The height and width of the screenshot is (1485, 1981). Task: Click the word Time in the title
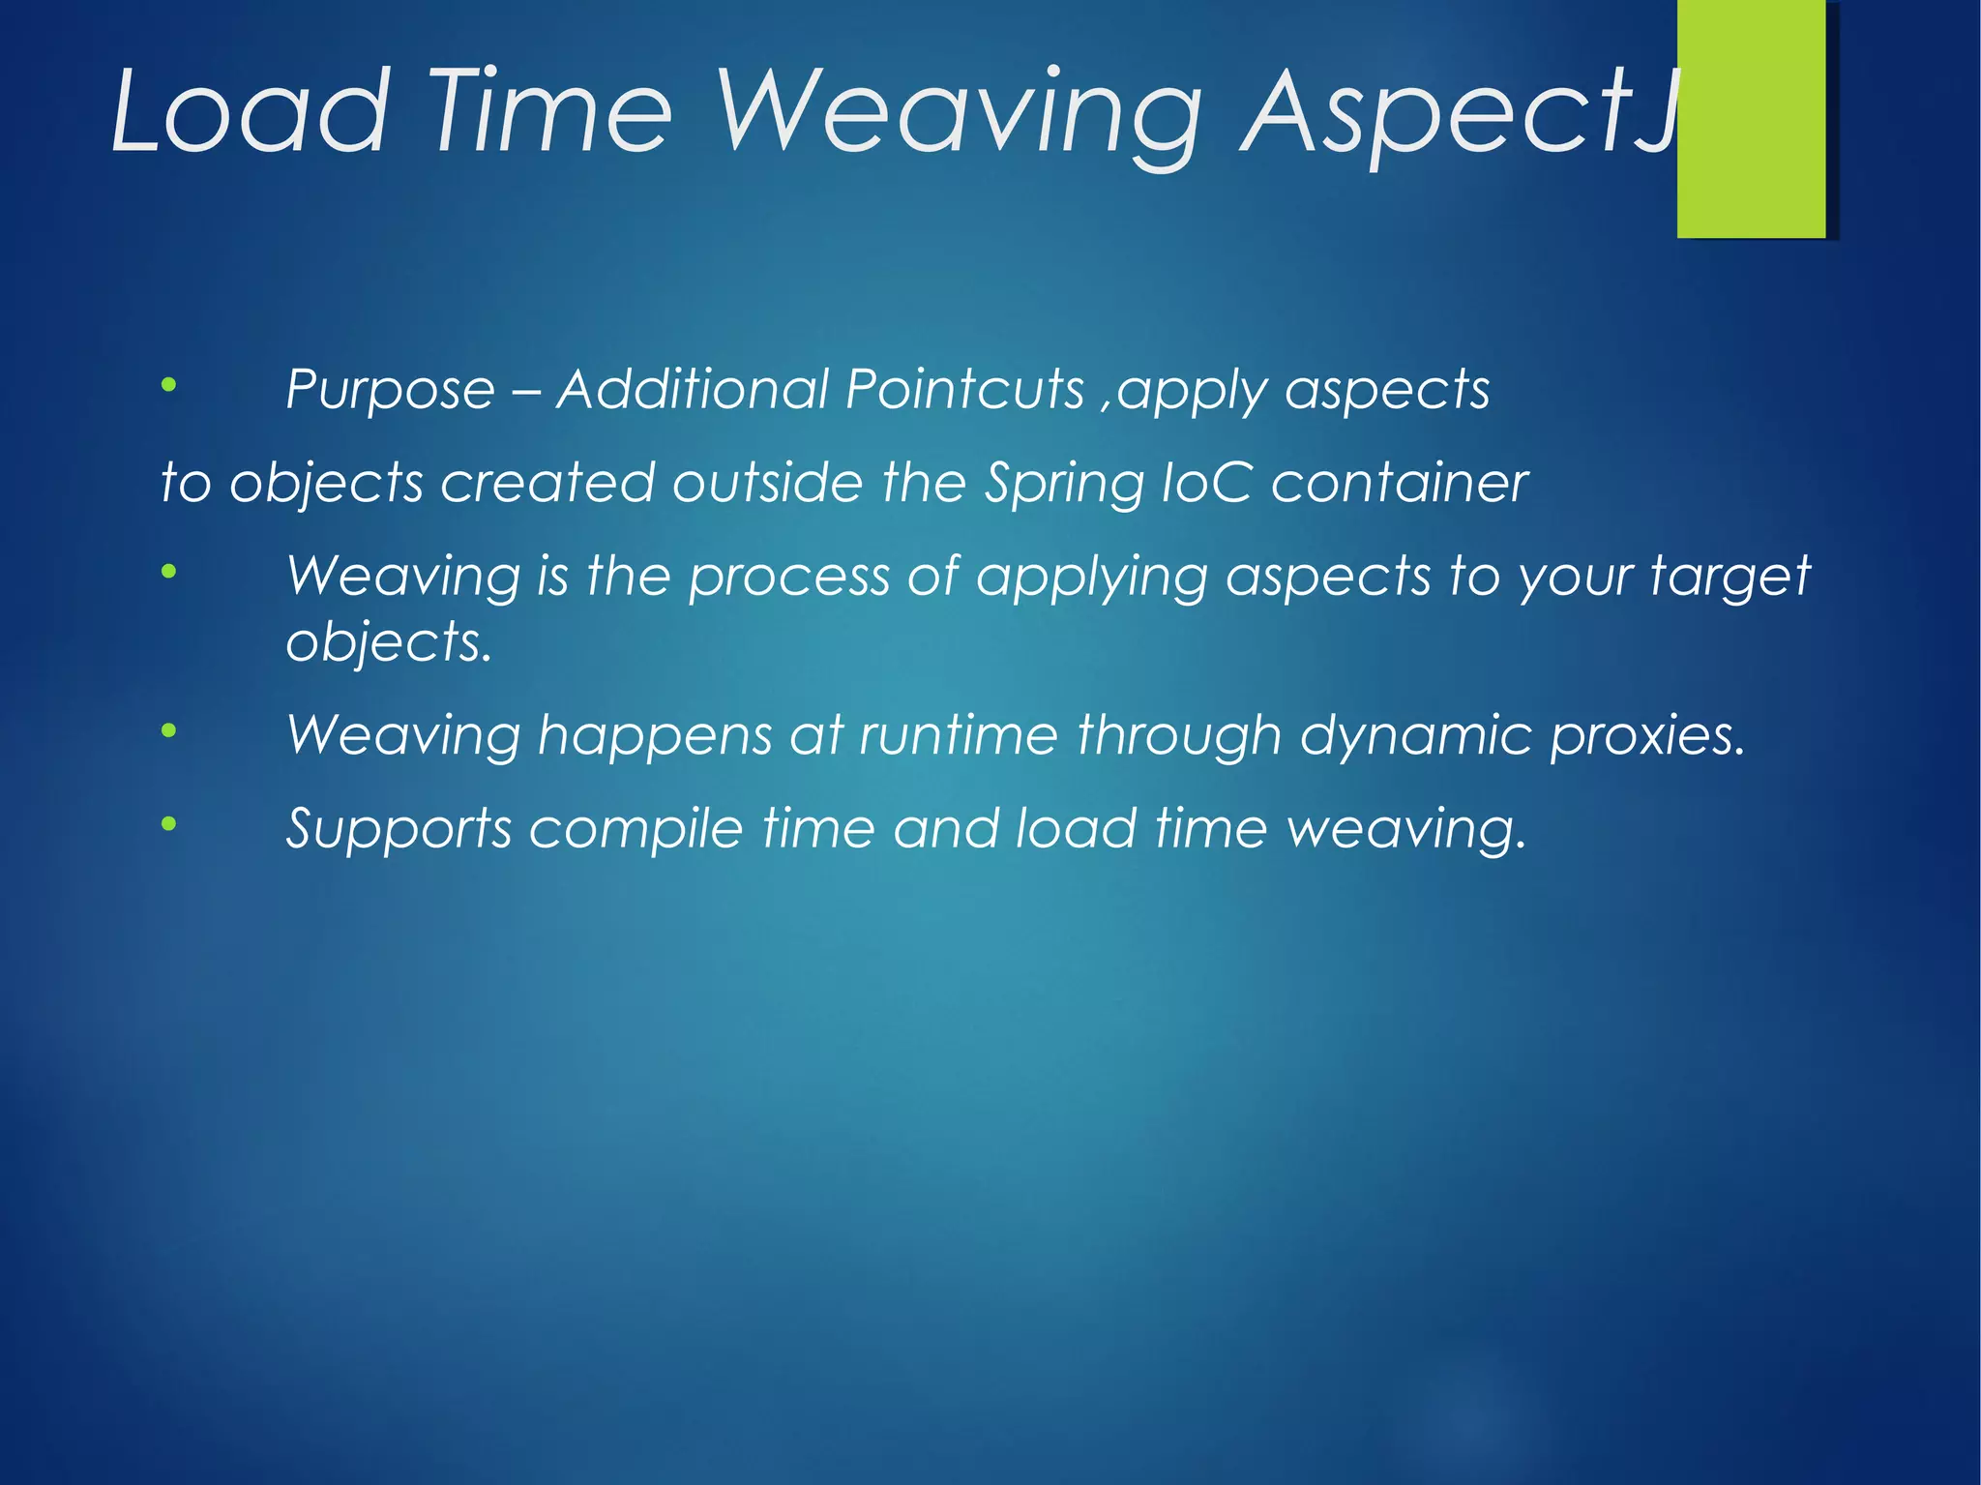[549, 111]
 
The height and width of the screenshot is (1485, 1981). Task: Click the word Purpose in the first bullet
[390, 391]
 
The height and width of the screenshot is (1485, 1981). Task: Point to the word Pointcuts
[964, 389]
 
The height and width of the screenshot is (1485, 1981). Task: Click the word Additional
[692, 389]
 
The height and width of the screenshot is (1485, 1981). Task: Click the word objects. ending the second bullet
[389, 642]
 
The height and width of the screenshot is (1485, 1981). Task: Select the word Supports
[399, 830]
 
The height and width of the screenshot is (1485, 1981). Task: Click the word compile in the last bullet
[636, 830]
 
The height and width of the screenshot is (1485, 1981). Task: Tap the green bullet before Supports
[169, 824]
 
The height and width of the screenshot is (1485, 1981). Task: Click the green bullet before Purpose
[169, 385]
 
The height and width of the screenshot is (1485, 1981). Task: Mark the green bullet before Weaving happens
[169, 730]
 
